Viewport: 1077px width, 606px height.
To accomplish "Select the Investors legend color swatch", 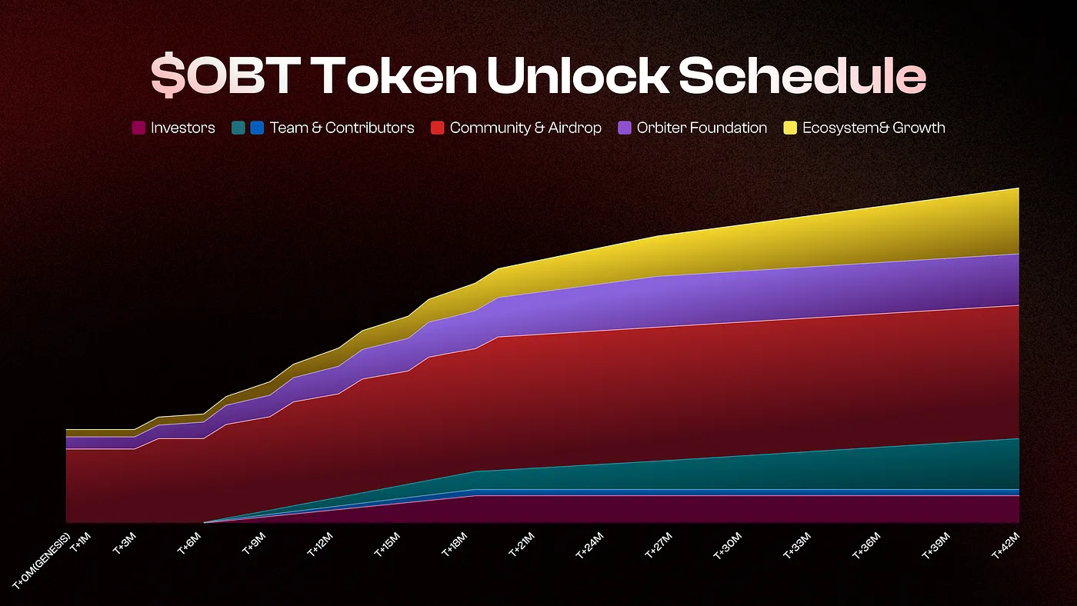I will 138,128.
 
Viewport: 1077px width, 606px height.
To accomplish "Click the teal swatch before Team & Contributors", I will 238,128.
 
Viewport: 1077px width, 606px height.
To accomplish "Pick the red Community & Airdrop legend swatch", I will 437,128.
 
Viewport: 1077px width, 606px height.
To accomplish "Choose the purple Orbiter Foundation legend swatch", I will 625,128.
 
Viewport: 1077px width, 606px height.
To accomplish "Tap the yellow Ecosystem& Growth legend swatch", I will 790,128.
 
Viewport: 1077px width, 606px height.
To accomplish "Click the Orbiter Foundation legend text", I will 702,128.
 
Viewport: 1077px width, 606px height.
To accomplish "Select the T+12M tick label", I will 321,545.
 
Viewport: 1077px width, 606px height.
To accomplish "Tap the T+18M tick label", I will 454,545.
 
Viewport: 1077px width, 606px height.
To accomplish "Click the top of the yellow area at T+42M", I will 1018,189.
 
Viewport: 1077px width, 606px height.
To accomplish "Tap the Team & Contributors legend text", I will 342,128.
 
